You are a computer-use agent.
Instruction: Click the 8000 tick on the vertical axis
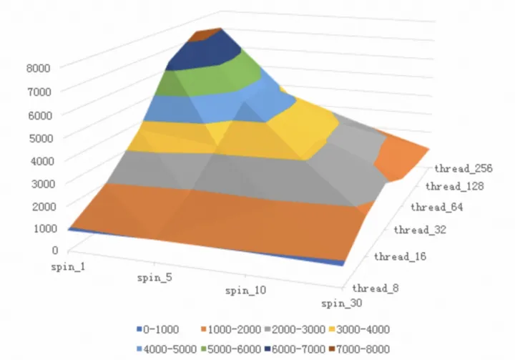click(x=38, y=68)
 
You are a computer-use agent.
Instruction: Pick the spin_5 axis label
click(x=152, y=277)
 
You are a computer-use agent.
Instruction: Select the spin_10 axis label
click(x=246, y=291)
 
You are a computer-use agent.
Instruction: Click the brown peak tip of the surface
click(x=206, y=34)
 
